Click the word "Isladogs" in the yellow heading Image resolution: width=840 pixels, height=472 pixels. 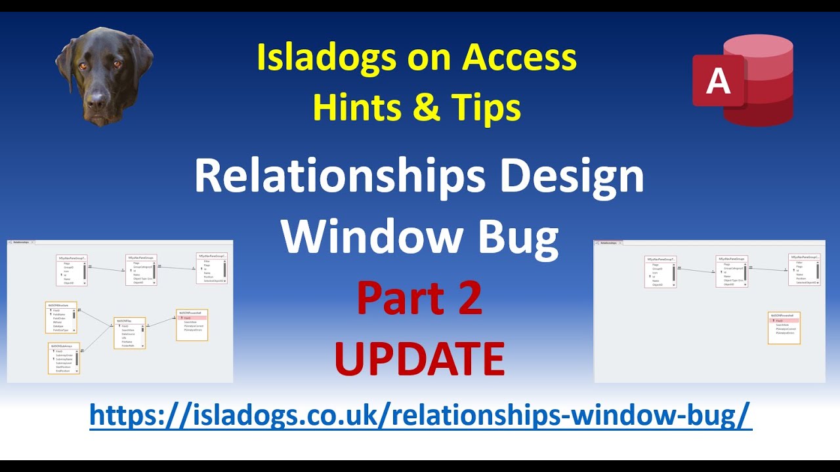click(326, 59)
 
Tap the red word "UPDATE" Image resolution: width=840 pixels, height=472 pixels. click(419, 359)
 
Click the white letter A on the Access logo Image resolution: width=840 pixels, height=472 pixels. click(718, 81)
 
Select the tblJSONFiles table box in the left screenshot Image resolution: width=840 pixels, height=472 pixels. click(129, 333)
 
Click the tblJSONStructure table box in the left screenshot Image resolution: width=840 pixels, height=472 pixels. click(61, 318)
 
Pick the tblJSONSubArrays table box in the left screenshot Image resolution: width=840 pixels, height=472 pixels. click(64, 358)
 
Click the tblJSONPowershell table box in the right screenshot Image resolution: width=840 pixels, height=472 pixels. click(784, 328)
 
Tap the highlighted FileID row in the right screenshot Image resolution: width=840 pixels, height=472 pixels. click(784, 321)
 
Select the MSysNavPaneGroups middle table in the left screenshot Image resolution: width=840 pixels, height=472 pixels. click(141, 270)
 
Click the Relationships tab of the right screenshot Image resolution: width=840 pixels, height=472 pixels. click(606, 243)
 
